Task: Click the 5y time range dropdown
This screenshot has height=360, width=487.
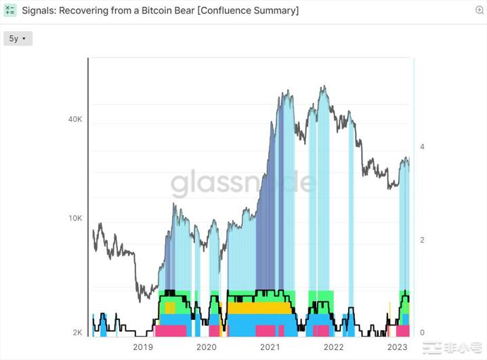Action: pyautogui.click(x=18, y=39)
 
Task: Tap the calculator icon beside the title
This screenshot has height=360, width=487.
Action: pyautogui.click(x=10, y=11)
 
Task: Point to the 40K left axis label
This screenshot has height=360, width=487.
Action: pyautogui.click(x=75, y=119)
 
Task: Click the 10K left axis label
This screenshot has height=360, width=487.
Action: pyautogui.click(x=75, y=218)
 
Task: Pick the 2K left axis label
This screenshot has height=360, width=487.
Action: pyautogui.click(x=77, y=333)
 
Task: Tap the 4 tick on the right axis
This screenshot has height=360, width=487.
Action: pyautogui.click(x=422, y=147)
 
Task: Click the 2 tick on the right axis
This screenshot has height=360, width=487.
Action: pyautogui.click(x=422, y=240)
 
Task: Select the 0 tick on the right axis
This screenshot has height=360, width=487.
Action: pyautogui.click(x=422, y=333)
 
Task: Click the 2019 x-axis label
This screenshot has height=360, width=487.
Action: pyautogui.click(x=142, y=348)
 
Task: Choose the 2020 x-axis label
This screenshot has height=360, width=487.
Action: pyautogui.click(x=206, y=348)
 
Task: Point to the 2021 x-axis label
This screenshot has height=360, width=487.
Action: pyautogui.click(x=270, y=348)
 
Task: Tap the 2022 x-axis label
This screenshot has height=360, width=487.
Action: pyautogui.click(x=333, y=348)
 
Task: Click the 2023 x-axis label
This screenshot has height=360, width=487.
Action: pyautogui.click(x=397, y=348)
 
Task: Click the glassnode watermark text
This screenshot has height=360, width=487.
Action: pyautogui.click(x=243, y=183)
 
